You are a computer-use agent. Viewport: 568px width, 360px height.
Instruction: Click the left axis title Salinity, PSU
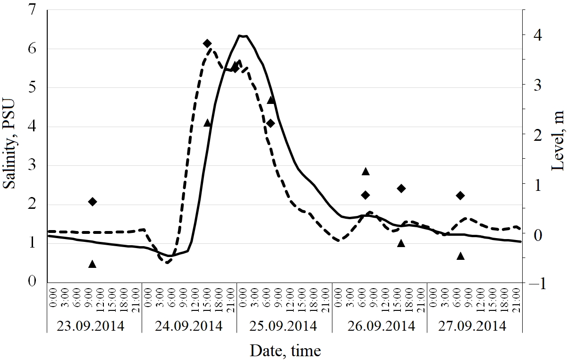click(x=10, y=144)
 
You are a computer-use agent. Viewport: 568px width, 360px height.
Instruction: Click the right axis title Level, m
click(x=558, y=144)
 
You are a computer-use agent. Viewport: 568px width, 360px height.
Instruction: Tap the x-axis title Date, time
click(x=285, y=351)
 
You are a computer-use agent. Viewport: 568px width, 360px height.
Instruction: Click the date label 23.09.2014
click(x=91, y=326)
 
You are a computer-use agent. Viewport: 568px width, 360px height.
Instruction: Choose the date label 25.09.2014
click(x=283, y=326)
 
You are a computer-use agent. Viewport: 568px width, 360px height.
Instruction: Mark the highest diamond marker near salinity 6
click(x=207, y=43)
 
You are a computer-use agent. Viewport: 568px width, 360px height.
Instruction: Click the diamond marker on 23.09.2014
click(x=93, y=202)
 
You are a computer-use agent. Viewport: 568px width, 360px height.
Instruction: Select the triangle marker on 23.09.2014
click(x=93, y=264)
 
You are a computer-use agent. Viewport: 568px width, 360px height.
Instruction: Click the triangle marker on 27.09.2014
click(x=460, y=256)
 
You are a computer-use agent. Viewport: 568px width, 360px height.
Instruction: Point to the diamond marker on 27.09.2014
click(x=460, y=196)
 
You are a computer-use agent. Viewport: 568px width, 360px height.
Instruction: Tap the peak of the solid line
click(x=243, y=35)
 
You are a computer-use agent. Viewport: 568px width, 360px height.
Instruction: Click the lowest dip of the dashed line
click(x=167, y=262)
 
